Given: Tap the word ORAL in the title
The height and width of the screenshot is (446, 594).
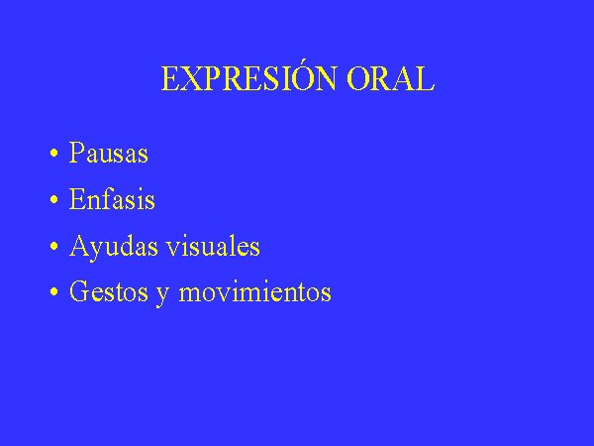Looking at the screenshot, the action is (391, 79).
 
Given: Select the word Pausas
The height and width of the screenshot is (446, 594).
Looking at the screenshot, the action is (108, 153).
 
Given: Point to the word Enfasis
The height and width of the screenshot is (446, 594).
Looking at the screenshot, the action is (112, 199).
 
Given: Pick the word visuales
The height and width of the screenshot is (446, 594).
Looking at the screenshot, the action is (213, 246).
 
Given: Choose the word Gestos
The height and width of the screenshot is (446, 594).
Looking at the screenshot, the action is (109, 291).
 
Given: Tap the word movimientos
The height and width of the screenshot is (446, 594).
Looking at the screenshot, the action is (255, 291).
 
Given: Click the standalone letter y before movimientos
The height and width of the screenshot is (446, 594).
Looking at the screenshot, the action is (162, 295).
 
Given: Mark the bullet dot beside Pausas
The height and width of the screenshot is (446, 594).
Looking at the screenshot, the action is (54, 154).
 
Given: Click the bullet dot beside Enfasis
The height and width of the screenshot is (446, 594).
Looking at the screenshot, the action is (54, 200).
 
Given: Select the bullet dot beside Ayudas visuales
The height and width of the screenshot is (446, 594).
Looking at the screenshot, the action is (54, 247).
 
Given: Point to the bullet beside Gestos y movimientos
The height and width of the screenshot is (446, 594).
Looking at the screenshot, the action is (54, 292).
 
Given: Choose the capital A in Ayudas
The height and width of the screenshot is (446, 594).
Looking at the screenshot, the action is (80, 246).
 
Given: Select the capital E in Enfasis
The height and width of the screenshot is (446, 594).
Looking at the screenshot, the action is (78, 198).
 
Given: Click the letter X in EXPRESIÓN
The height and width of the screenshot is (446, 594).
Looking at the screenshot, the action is (191, 79).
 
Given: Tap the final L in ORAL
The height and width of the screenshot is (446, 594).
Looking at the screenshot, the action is (424, 79).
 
